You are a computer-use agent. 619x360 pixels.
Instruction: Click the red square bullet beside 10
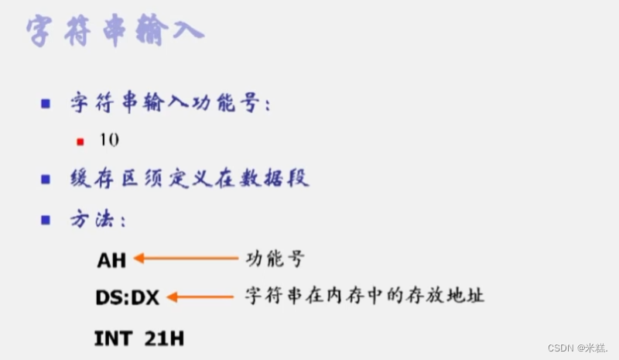(x=80, y=142)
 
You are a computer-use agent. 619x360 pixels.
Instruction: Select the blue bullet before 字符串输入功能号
(x=46, y=103)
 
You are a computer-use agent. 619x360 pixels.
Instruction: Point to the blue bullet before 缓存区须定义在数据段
(x=46, y=180)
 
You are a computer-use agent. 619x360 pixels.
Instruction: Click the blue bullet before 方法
(x=46, y=220)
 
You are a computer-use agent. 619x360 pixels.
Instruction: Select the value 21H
(x=164, y=338)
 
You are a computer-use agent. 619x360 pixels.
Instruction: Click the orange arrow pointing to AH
(x=186, y=259)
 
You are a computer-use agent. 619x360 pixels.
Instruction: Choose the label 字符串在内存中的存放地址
(x=364, y=296)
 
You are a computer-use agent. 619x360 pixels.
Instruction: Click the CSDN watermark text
(x=573, y=347)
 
